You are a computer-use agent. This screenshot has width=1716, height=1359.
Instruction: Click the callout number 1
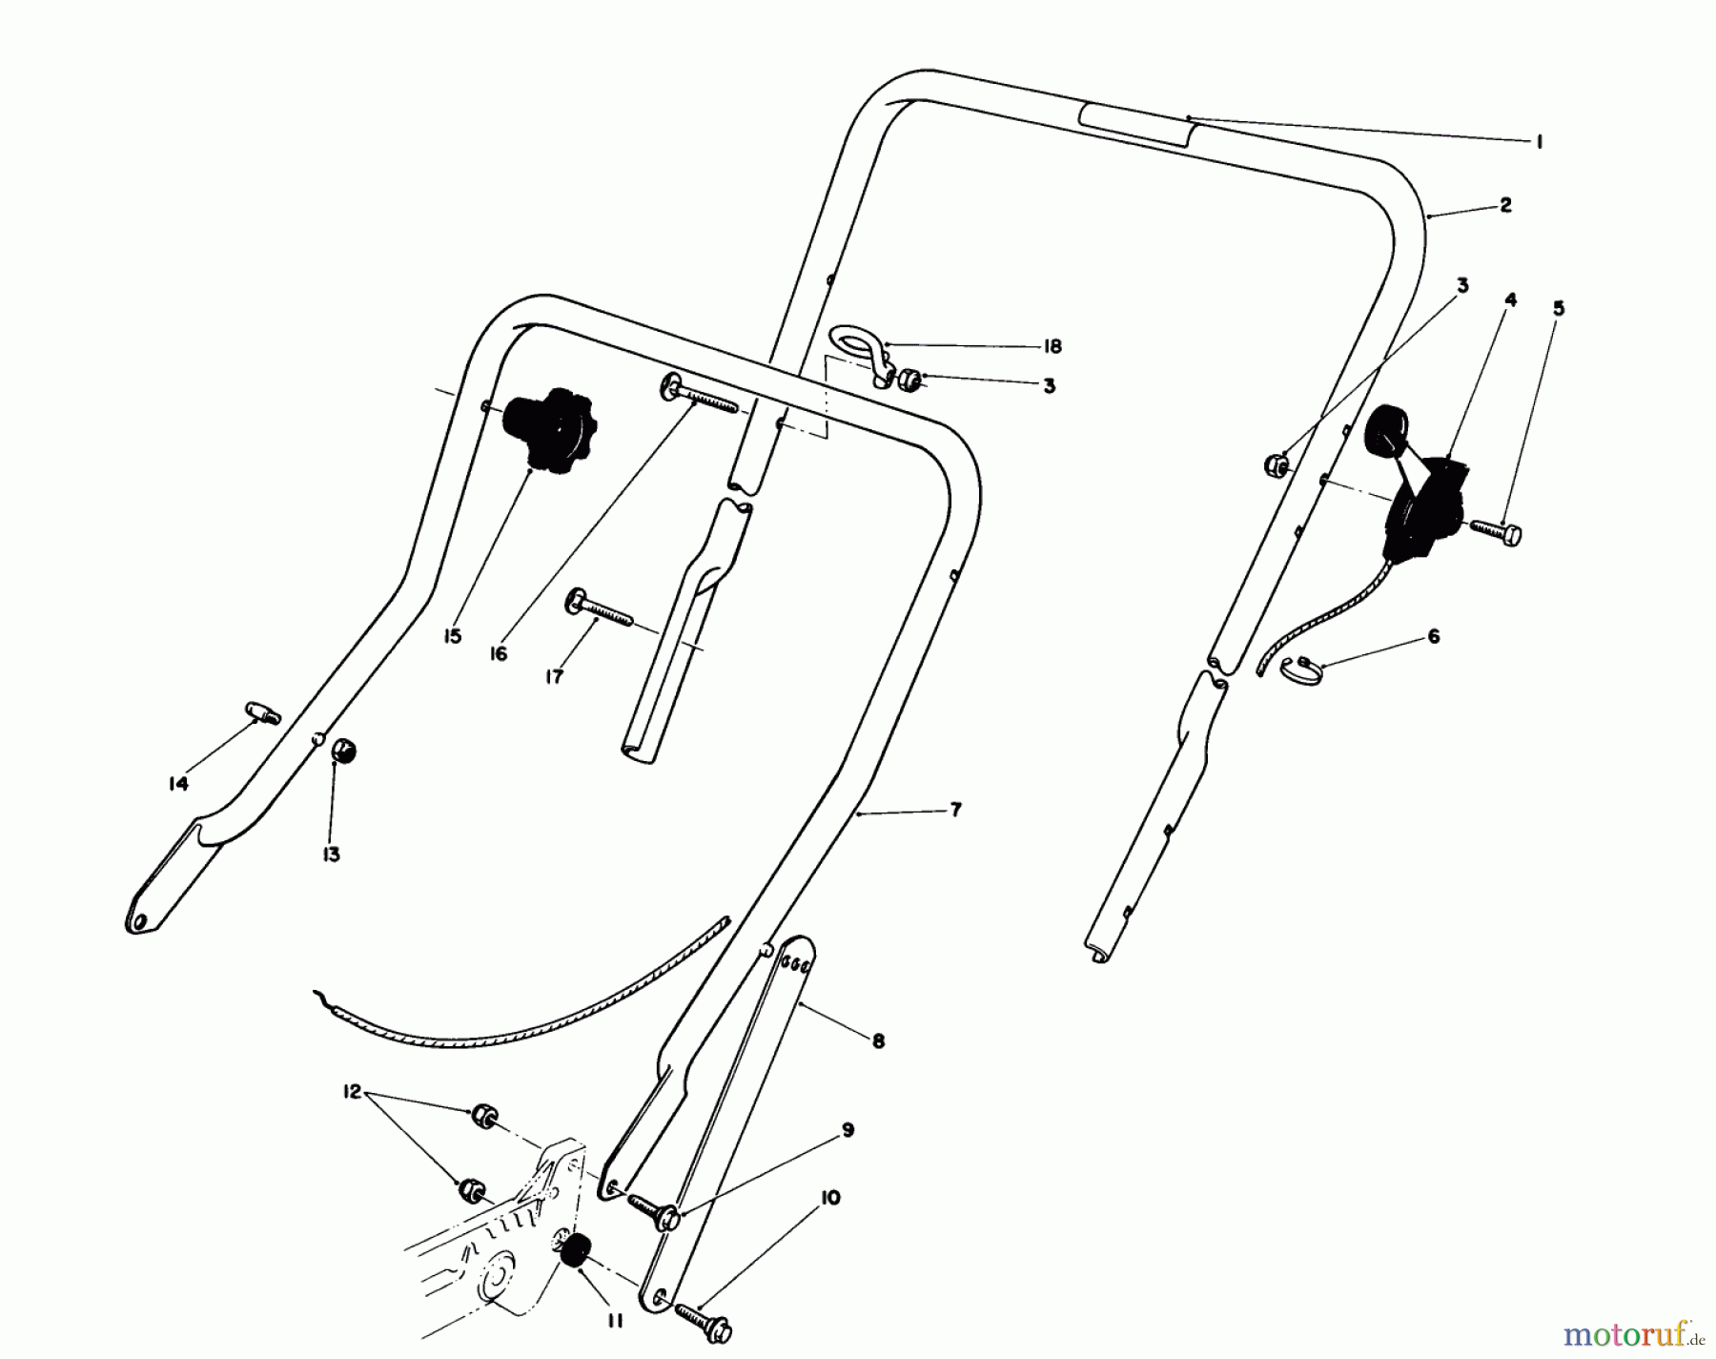pyautogui.click(x=1539, y=142)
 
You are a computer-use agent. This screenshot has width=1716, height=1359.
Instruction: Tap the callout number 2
pyautogui.click(x=1505, y=204)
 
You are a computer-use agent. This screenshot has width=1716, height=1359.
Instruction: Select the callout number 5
pyautogui.click(x=1558, y=308)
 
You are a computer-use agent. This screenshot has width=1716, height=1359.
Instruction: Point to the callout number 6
pyautogui.click(x=1433, y=636)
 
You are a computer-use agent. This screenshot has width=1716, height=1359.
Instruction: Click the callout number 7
pyautogui.click(x=955, y=811)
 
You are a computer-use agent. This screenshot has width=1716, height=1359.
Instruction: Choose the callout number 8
pyautogui.click(x=878, y=1042)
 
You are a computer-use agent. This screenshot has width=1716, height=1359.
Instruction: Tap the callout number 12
pyautogui.click(x=353, y=1092)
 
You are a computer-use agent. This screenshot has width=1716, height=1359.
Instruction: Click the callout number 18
pyautogui.click(x=1052, y=346)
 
